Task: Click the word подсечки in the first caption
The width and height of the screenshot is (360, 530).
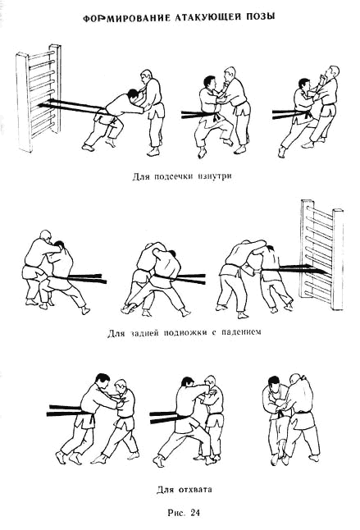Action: click(x=170, y=176)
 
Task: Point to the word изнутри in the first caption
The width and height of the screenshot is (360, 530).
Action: click(x=212, y=176)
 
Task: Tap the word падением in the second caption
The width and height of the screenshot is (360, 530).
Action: click(x=241, y=332)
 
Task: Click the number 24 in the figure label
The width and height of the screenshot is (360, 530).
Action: click(x=195, y=513)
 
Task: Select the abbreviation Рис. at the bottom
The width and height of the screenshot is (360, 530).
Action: click(x=176, y=513)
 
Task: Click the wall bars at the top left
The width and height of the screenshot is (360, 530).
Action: click(x=39, y=98)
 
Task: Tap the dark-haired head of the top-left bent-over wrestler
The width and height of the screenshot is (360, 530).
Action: click(x=132, y=95)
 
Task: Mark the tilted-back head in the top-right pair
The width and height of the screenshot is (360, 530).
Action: click(x=330, y=73)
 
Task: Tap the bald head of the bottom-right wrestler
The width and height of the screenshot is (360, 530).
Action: click(x=295, y=379)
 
